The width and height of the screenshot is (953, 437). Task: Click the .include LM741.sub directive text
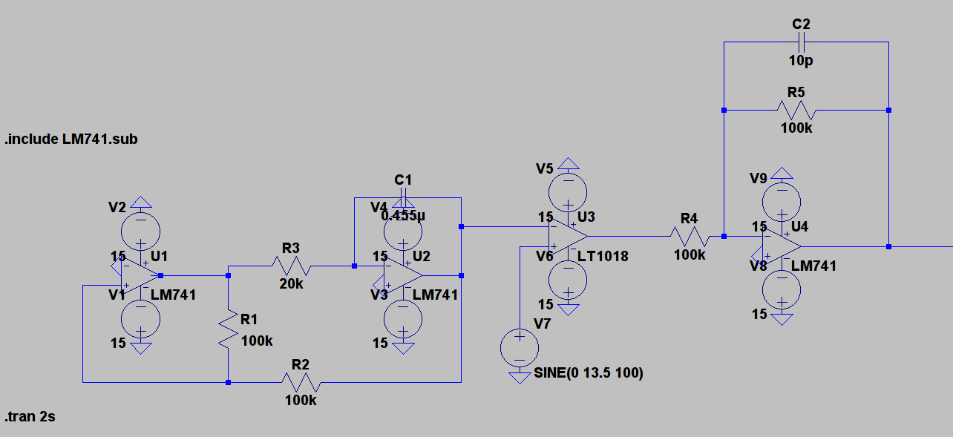coord(71,139)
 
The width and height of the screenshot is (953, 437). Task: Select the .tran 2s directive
coord(30,417)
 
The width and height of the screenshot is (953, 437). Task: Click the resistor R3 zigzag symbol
coord(292,266)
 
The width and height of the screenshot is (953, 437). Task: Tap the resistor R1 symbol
coord(229,329)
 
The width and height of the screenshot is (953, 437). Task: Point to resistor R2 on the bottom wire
coord(301,382)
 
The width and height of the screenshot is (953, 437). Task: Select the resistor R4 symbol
coord(690,237)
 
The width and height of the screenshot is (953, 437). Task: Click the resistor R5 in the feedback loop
coord(796,111)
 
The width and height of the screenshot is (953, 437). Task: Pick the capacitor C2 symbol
coord(802,42)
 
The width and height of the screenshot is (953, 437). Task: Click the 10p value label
coord(802,61)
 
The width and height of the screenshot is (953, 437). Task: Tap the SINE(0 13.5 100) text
coord(589,373)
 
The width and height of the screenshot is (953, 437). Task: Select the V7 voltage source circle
coord(520,347)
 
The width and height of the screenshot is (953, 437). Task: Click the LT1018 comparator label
coord(603,257)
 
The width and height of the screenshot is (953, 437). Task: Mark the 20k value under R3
coord(291,284)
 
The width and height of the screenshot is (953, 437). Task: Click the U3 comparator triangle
coord(568,237)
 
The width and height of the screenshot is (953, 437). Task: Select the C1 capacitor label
coord(403,180)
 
